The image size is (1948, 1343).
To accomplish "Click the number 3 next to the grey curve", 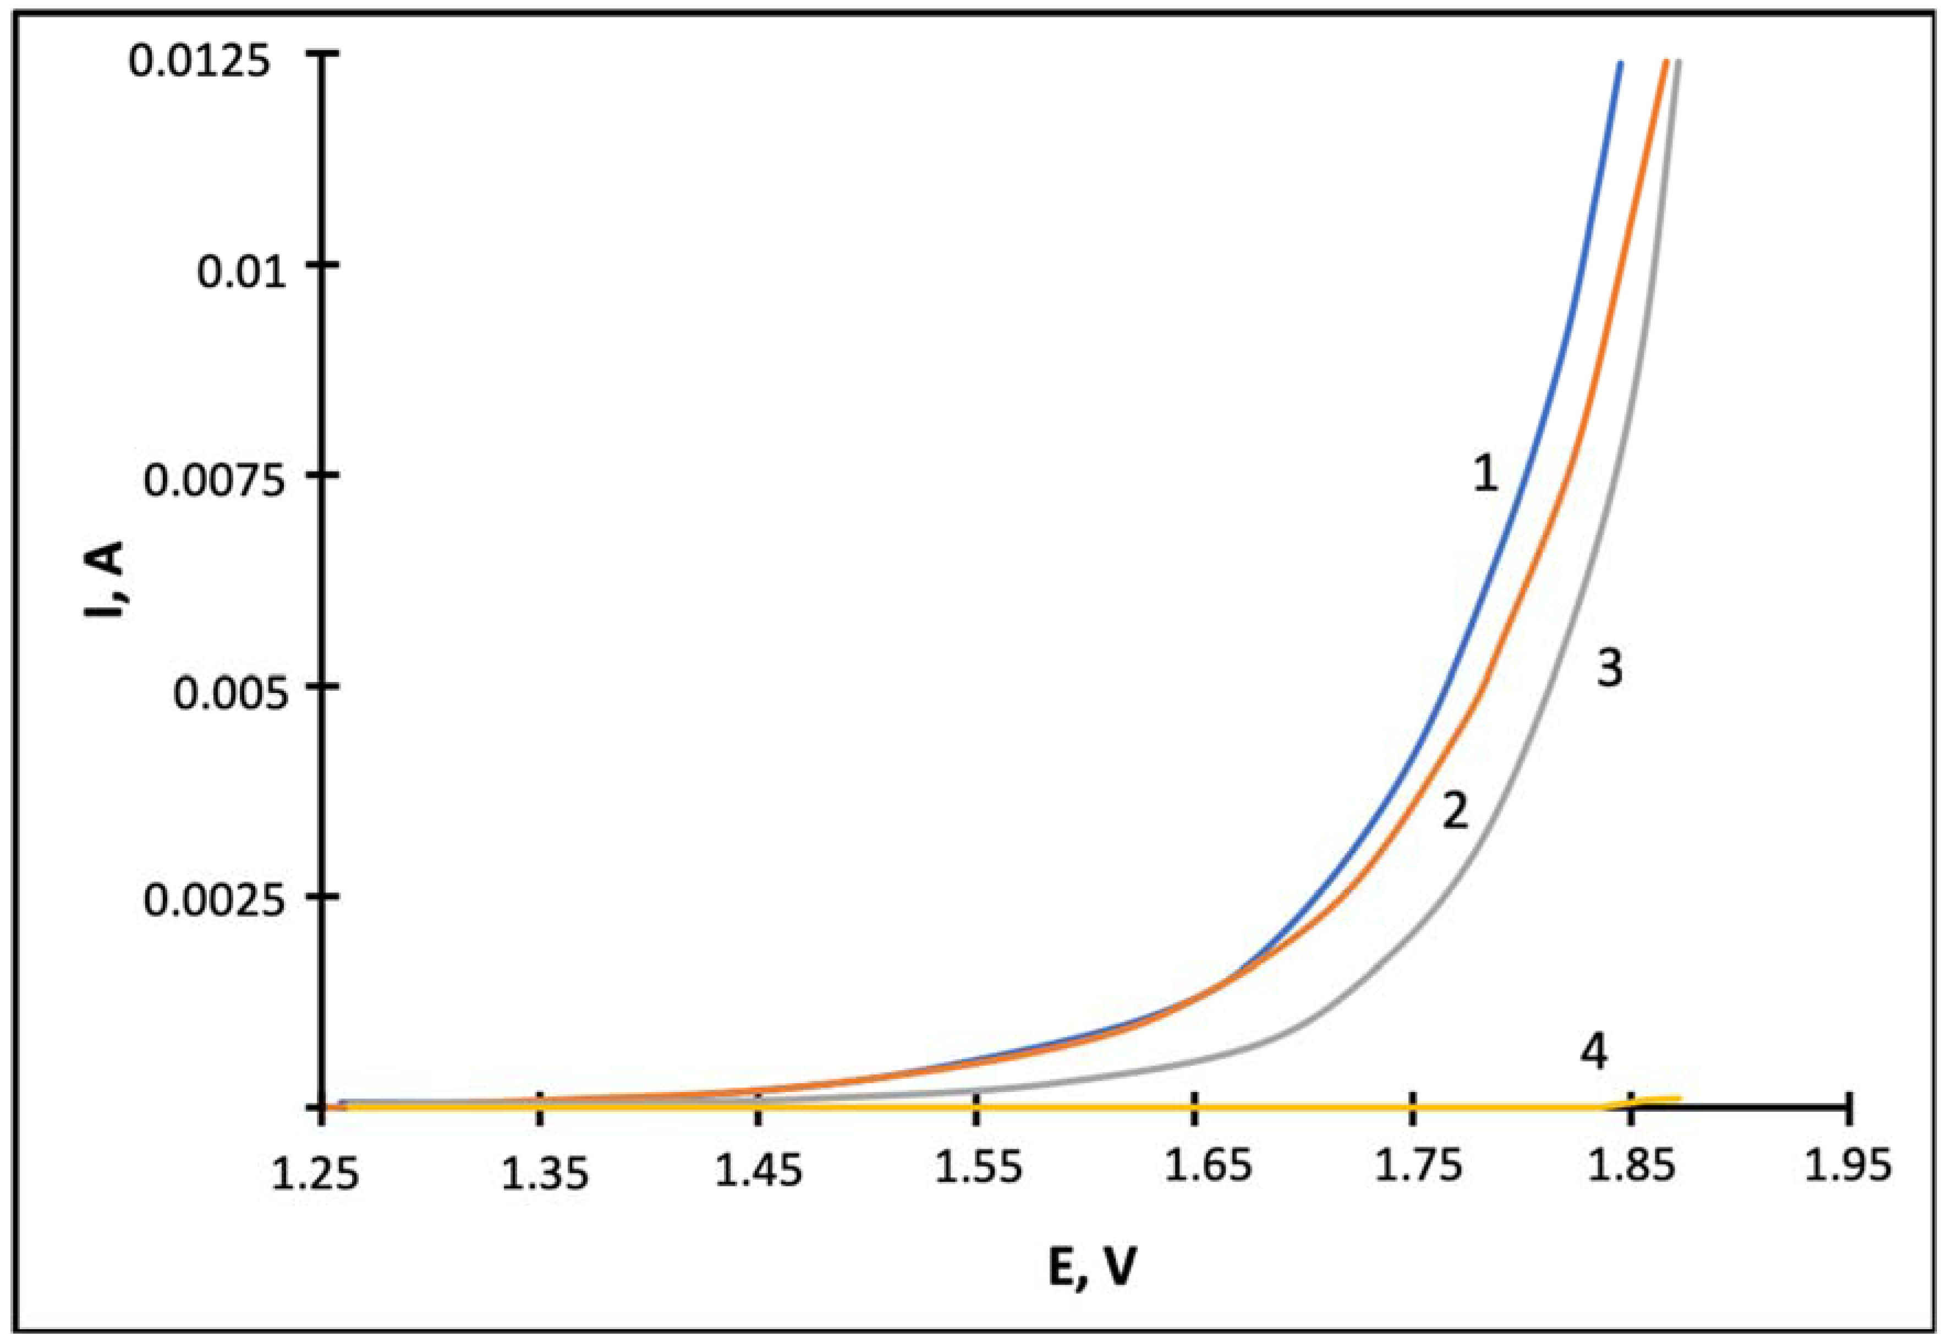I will pyautogui.click(x=1609, y=670).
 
